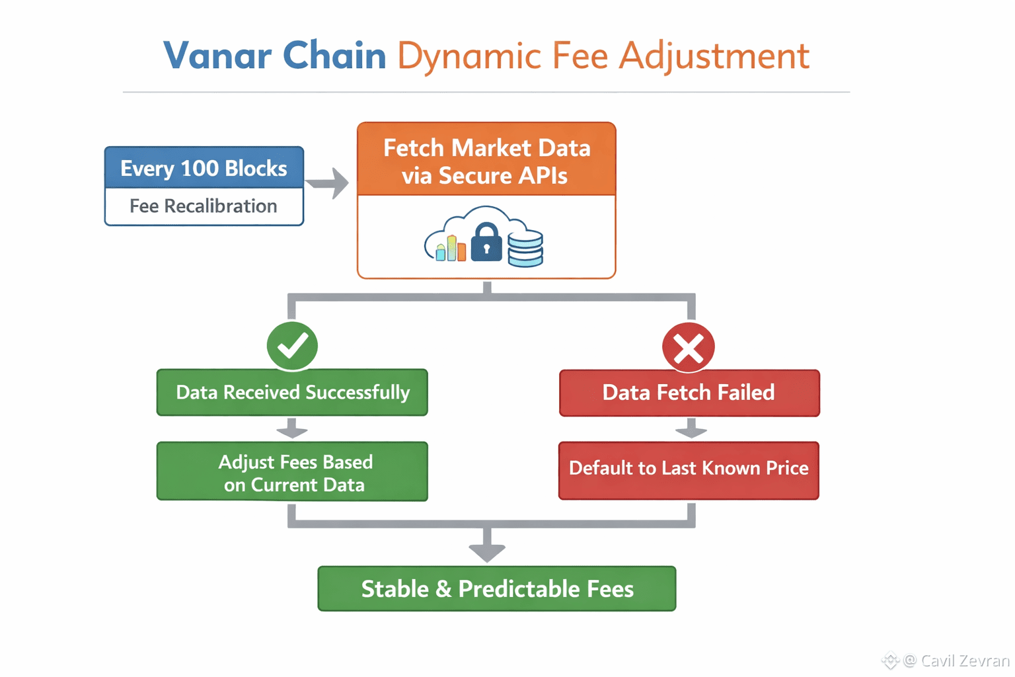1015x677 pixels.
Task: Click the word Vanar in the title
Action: [x=217, y=56]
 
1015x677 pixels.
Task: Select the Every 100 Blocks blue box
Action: [x=204, y=168]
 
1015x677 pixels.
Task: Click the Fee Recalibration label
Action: [x=204, y=206]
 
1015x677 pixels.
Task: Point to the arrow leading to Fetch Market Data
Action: [x=328, y=183]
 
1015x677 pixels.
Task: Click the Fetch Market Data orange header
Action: [x=486, y=161]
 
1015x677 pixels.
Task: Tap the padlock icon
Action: [x=486, y=243]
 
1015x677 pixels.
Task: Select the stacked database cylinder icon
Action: [x=525, y=248]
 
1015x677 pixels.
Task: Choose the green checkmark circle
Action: [x=292, y=345]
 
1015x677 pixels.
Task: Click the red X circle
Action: [x=689, y=347]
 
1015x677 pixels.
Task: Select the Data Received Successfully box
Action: [x=292, y=393]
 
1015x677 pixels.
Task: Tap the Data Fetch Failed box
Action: [x=689, y=393]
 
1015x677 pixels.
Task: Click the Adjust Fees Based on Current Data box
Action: [x=292, y=472]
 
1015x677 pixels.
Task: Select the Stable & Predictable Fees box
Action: [x=497, y=588]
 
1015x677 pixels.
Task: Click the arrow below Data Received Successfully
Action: [x=292, y=429]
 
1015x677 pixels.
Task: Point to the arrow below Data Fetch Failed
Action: [x=691, y=429]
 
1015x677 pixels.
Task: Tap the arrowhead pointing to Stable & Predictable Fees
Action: [x=487, y=550]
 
